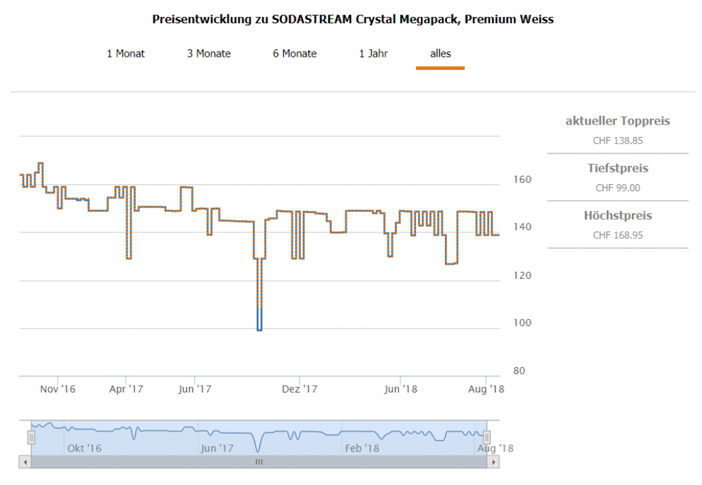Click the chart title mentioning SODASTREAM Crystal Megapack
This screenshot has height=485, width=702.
tap(352, 19)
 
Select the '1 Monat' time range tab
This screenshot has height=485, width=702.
tap(125, 53)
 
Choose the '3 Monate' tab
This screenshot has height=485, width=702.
tap(209, 53)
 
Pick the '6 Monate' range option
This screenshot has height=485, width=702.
tap(295, 53)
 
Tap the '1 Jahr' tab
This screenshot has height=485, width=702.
tap(374, 53)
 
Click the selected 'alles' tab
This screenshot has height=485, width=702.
tap(440, 53)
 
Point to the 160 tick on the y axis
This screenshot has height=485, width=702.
tap(523, 179)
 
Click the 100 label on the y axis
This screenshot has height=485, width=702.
tap(523, 323)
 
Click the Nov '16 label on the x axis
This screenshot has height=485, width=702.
tap(58, 389)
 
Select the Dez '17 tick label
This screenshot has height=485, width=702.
tap(300, 389)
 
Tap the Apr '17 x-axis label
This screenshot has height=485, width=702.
tap(126, 389)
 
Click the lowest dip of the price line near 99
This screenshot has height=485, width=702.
tap(259, 329)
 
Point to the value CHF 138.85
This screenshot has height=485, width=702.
tap(618, 141)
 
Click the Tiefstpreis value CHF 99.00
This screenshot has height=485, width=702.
tap(618, 188)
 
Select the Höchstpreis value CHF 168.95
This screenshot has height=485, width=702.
tap(618, 235)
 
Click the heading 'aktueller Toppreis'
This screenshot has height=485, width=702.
tap(618, 121)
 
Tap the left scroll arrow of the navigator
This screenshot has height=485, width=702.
tap(25, 462)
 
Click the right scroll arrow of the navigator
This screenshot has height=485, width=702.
tap(492, 462)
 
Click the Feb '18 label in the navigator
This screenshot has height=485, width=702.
tap(361, 449)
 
